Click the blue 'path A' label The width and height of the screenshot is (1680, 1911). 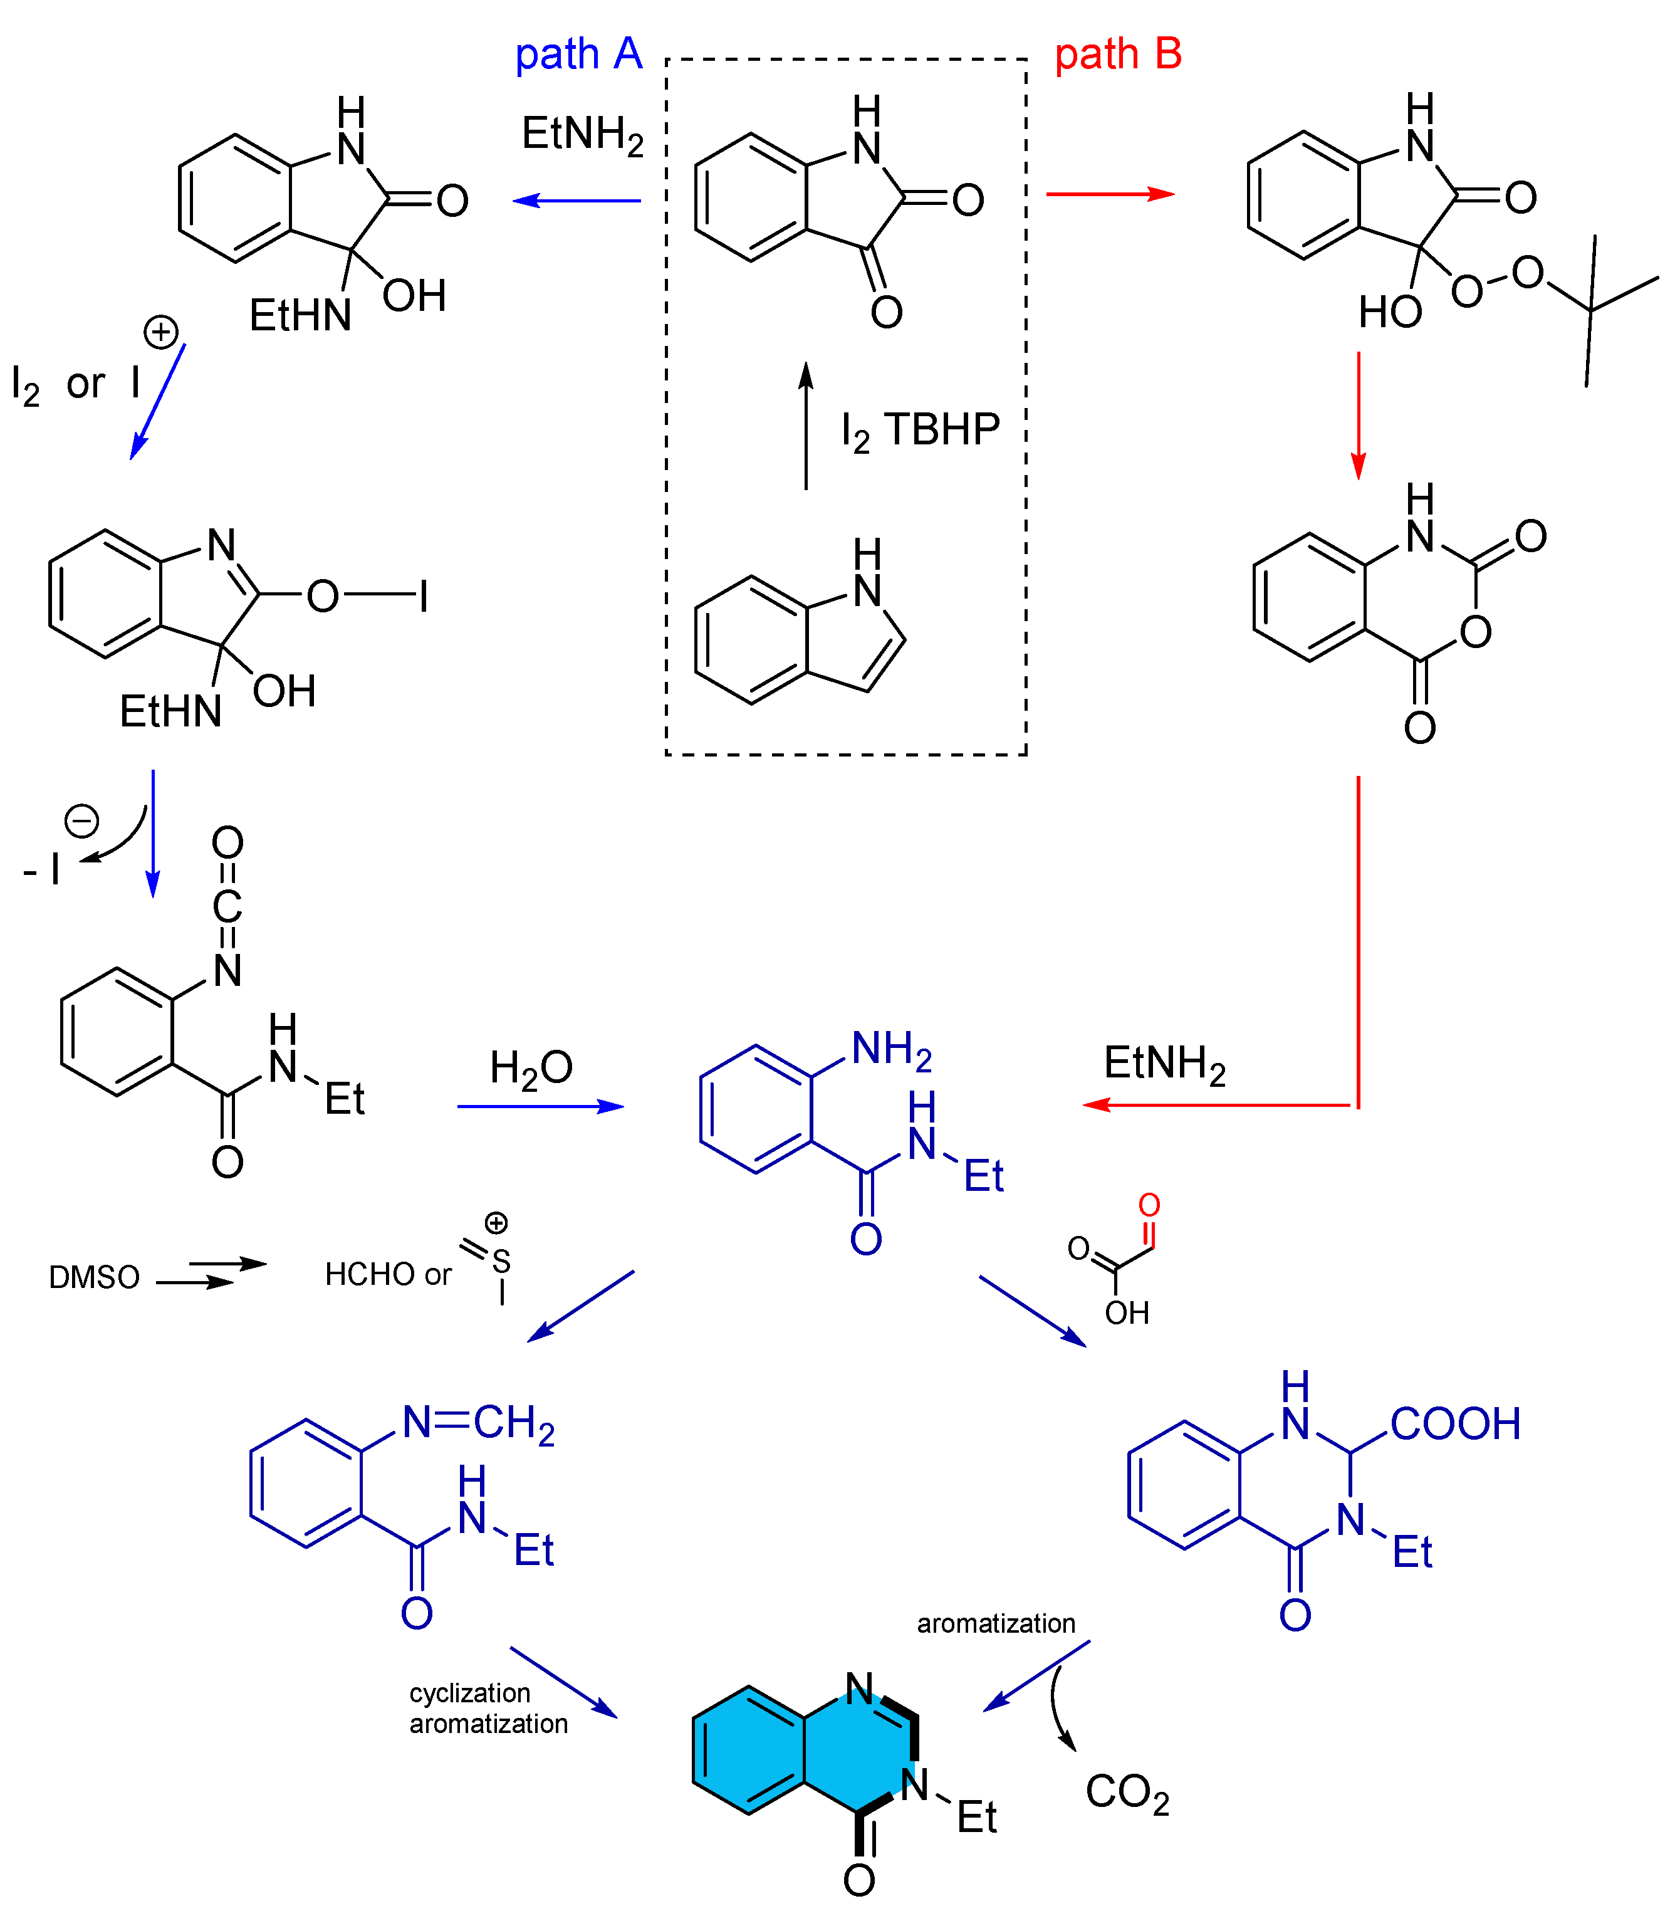coord(579,55)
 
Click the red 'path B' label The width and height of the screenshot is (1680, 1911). coord(1118,55)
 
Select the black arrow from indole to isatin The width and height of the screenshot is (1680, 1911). coord(806,426)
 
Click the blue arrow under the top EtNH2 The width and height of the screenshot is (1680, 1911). coord(577,200)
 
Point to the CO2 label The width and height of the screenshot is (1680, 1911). coord(1127,1793)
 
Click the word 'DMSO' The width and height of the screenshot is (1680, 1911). coord(93,1277)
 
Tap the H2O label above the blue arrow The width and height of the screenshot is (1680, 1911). coord(531,1068)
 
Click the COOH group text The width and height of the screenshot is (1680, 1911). coord(1454,1425)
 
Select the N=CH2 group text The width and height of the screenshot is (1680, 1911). coord(479,1424)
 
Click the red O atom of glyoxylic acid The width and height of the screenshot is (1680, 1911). coord(1149,1205)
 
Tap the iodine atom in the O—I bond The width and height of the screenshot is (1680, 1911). coord(424,595)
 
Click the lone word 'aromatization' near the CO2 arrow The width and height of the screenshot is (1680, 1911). coord(996,1624)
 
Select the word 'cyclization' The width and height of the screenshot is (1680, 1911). coord(469,1693)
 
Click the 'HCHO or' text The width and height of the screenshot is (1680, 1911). coord(388,1274)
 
